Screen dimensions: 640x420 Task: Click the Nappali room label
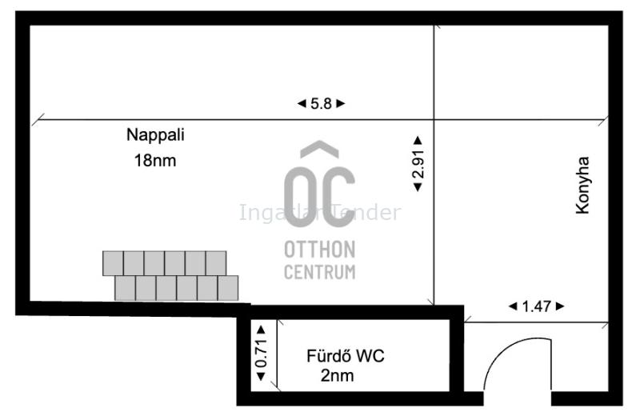click(x=155, y=135)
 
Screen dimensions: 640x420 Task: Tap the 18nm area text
click(x=155, y=161)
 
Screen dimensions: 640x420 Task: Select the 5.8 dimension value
click(x=322, y=104)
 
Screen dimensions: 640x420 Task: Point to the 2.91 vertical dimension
click(x=418, y=164)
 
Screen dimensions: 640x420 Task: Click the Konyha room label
click(x=582, y=185)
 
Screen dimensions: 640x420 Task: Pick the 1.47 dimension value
click(x=536, y=306)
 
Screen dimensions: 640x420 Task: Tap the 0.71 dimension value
click(x=262, y=353)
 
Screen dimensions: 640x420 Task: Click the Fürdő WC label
click(x=346, y=356)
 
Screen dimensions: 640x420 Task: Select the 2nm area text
click(x=337, y=375)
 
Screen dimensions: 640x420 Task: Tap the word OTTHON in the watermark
click(x=319, y=250)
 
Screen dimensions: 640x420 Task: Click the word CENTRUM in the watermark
click(x=319, y=272)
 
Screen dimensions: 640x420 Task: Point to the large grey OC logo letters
click(x=319, y=197)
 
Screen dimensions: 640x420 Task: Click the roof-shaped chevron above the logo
click(x=319, y=148)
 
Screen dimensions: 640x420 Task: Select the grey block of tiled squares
click(x=170, y=276)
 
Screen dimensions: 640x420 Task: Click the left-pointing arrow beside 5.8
click(x=302, y=104)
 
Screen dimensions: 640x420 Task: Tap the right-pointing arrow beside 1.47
click(x=560, y=306)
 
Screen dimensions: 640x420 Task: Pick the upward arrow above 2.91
click(x=418, y=141)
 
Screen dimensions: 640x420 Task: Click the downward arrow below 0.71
click(x=262, y=376)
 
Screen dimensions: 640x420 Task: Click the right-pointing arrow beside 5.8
click(x=341, y=104)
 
